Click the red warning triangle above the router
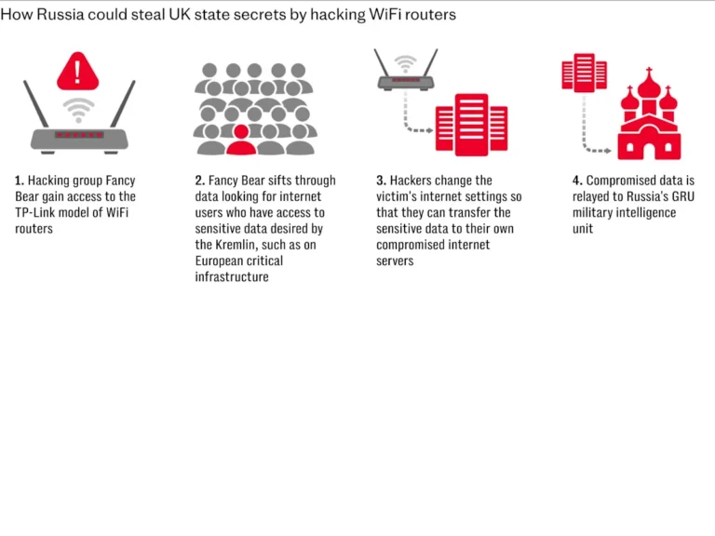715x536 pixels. [79, 70]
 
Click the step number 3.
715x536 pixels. [380, 181]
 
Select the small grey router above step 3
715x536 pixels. [404, 74]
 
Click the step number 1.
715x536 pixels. [19, 181]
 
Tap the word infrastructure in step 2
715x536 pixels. [232, 277]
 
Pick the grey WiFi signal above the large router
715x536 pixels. [79, 110]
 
